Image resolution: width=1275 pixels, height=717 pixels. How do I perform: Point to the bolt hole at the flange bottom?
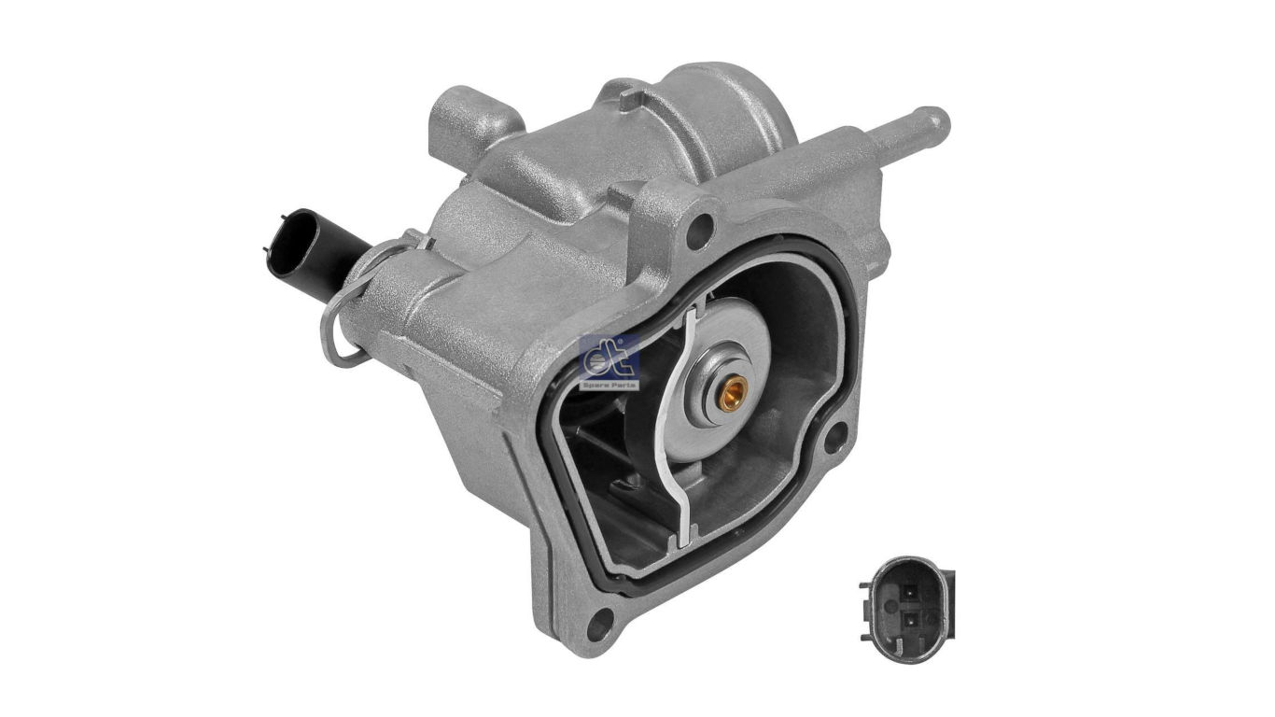(x=603, y=617)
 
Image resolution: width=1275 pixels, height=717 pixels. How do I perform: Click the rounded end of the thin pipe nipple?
(x=936, y=121)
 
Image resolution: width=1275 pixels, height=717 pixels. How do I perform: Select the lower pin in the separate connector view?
(x=907, y=619)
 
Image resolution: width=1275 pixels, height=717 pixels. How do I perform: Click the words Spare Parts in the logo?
(x=609, y=384)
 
